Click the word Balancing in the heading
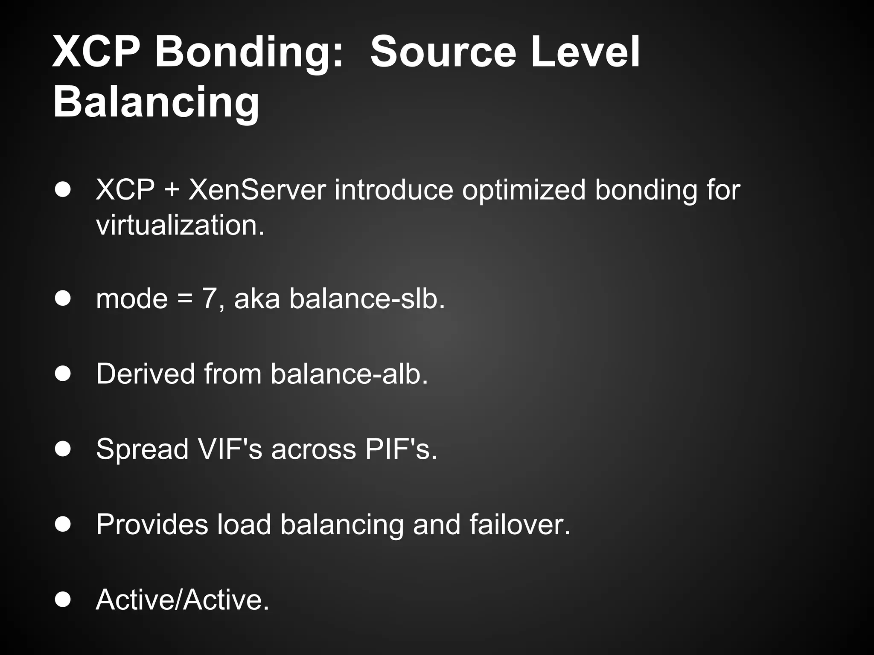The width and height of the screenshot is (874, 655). [x=156, y=102]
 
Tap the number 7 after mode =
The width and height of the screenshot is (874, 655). [x=209, y=299]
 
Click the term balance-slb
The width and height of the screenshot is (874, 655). [x=367, y=299]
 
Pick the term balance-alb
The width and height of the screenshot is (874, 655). [x=349, y=374]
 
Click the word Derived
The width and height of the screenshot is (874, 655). [x=146, y=374]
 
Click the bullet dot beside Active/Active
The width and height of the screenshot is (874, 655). [x=63, y=600]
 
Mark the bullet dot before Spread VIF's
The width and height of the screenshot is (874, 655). [x=63, y=449]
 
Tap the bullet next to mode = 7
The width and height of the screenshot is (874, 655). [x=63, y=299]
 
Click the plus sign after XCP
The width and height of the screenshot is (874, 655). [x=171, y=190]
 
